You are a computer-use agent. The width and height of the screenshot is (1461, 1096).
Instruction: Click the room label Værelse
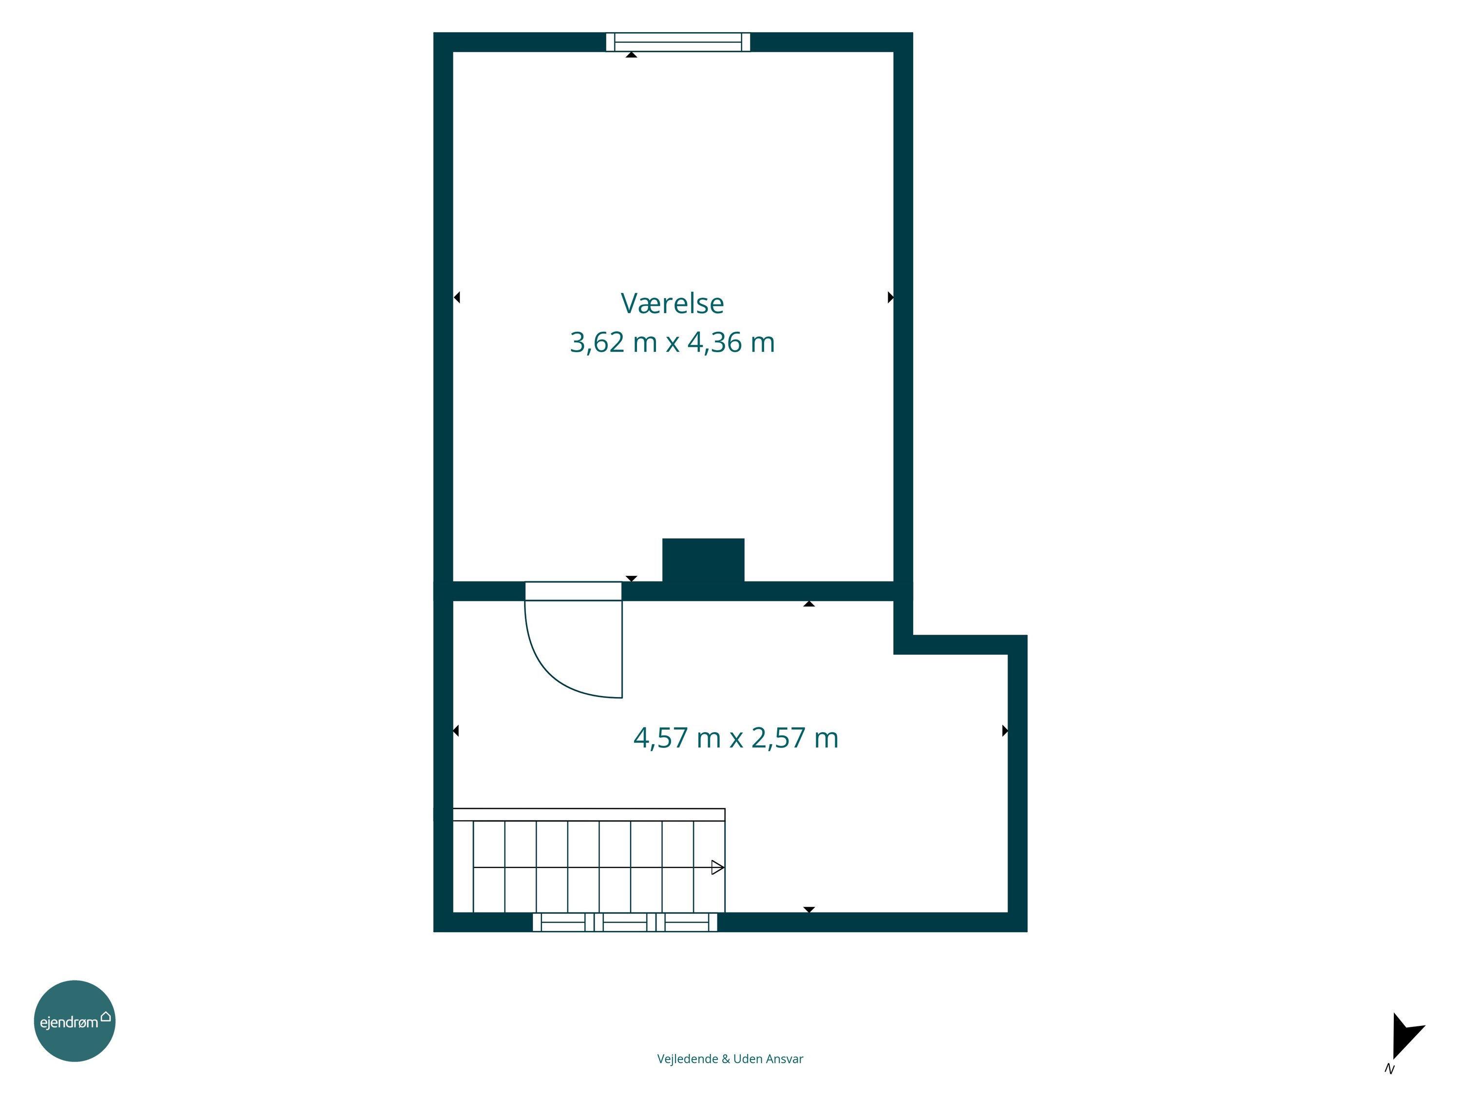point(673,303)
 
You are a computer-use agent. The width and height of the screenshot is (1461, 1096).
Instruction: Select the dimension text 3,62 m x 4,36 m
point(673,342)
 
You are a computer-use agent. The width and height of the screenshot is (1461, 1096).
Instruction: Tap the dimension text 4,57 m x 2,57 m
point(736,738)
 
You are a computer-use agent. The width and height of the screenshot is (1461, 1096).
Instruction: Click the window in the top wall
point(678,41)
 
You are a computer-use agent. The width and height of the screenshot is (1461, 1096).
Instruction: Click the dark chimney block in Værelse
point(703,560)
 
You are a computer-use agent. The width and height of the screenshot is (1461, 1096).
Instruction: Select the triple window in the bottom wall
point(625,922)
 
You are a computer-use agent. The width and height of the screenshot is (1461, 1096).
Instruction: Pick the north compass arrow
point(1406,1037)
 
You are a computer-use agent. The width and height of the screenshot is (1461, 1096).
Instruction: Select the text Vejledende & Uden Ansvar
point(730,1059)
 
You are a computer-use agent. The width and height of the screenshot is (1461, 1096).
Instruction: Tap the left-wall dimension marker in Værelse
point(456,297)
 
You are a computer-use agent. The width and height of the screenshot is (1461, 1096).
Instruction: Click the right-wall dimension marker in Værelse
point(890,297)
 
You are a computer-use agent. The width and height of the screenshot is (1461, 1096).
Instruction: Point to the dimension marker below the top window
point(632,55)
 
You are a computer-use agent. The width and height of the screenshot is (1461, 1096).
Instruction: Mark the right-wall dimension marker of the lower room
point(1005,731)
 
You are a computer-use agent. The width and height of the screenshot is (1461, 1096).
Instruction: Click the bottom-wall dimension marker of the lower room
point(809,910)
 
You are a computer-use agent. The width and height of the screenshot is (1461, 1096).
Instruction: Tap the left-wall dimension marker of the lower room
point(456,731)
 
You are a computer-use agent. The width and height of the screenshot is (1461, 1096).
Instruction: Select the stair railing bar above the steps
point(588,814)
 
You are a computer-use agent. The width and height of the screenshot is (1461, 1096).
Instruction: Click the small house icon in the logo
point(106,1016)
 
